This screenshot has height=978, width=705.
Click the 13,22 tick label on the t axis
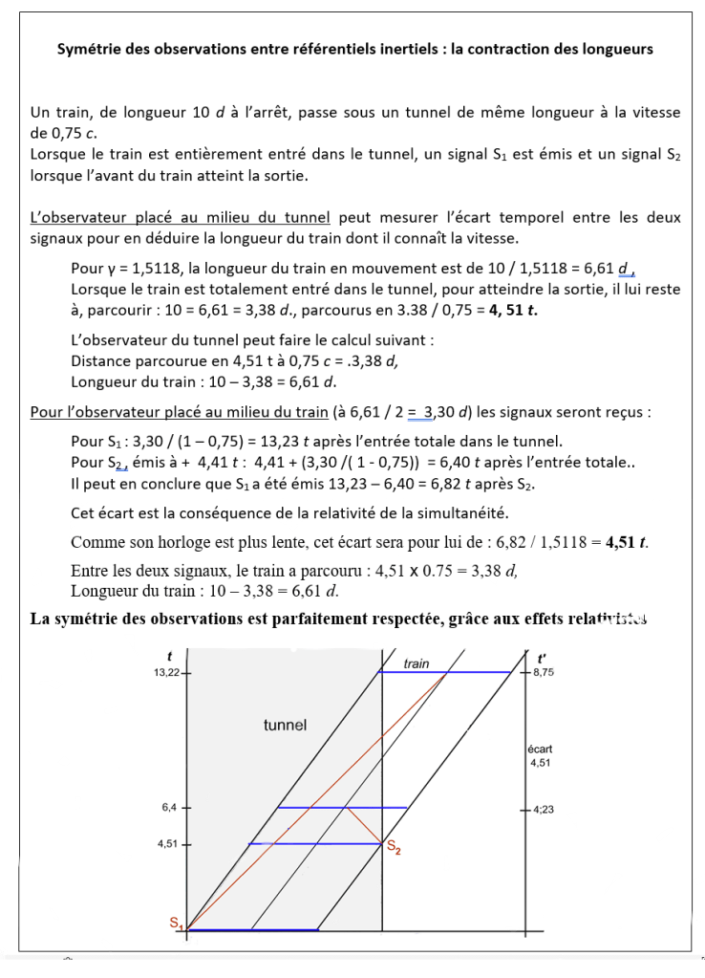[x=166, y=673]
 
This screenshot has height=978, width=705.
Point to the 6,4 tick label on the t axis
[x=169, y=808]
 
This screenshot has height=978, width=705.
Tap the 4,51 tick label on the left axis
[x=167, y=844]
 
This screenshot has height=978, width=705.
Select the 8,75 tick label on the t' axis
[x=544, y=673]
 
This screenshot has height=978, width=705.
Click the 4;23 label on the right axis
[x=544, y=810]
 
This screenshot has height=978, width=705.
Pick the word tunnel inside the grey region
[x=286, y=725]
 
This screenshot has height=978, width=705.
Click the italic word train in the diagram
[x=417, y=663]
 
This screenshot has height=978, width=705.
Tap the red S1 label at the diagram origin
[x=176, y=923]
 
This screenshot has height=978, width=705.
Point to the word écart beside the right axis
[x=540, y=749]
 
